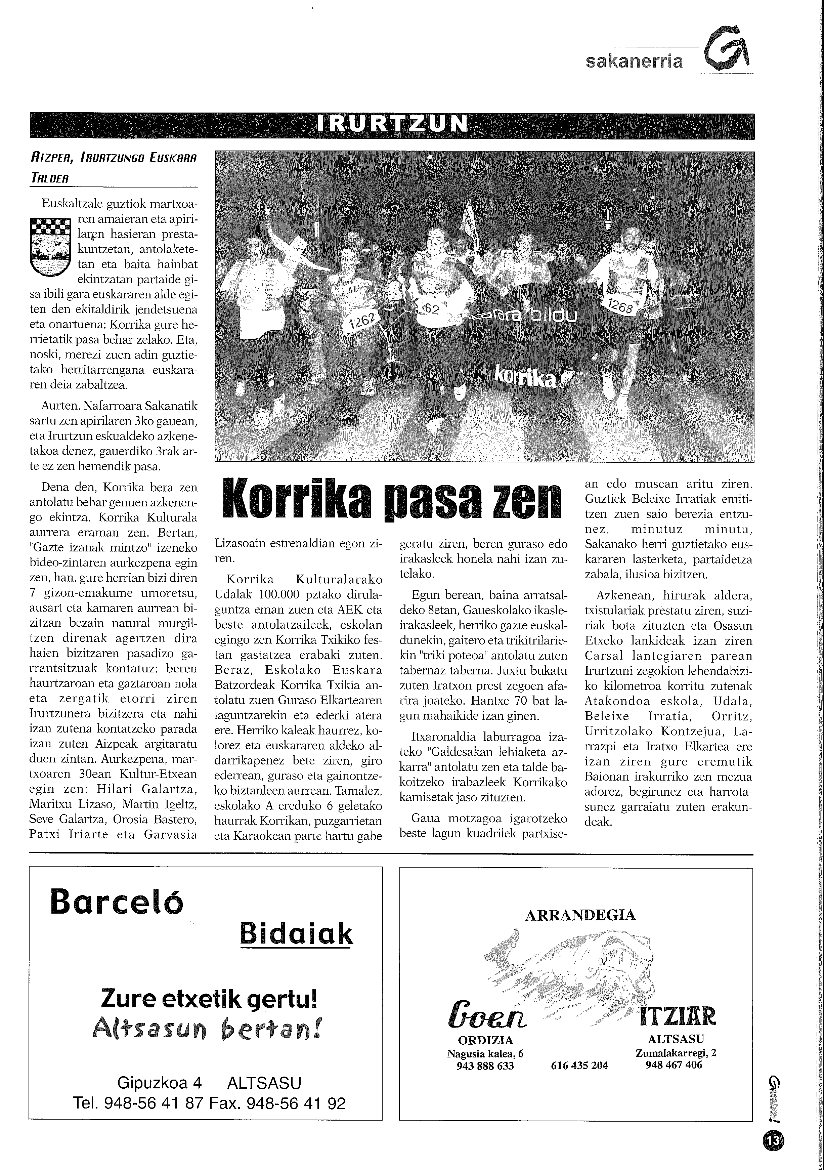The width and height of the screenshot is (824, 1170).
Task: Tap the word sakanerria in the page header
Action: pos(634,62)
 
